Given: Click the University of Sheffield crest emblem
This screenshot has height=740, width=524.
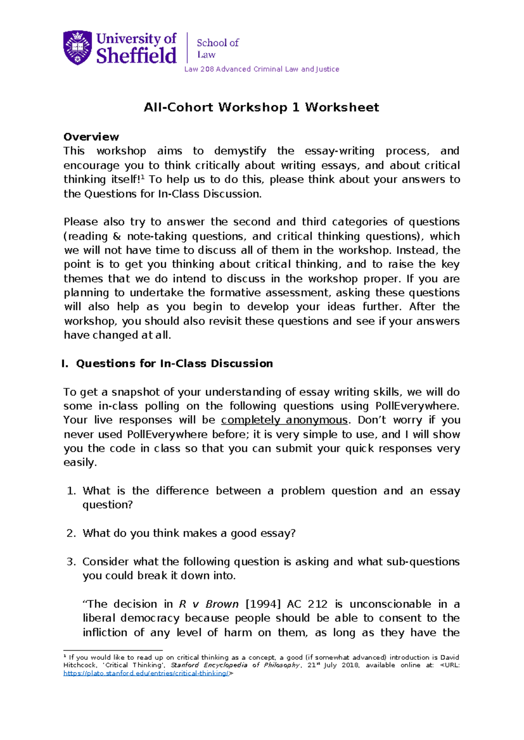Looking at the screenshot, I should point(78,47).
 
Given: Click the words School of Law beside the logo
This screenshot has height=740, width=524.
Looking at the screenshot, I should point(217,48).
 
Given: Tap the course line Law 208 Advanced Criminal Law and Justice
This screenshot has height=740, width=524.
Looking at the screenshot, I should point(261,69).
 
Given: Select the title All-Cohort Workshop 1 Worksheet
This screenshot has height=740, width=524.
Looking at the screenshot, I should point(261,107).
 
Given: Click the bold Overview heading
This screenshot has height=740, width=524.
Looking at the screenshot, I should point(91,137).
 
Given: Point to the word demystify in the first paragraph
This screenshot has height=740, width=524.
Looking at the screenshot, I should point(240,151).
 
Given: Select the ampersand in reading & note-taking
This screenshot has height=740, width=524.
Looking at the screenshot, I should point(117,236).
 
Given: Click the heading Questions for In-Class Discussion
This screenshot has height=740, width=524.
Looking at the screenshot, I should point(174,363).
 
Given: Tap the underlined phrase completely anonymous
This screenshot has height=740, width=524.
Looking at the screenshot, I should point(284,420).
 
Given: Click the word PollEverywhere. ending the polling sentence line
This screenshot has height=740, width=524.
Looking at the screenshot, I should point(417,406).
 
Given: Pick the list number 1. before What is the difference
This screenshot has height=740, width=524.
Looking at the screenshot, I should point(72,491).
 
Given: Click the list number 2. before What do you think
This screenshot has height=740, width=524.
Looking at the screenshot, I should point(72,533).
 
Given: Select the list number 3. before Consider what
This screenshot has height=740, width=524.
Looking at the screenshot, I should point(72,562).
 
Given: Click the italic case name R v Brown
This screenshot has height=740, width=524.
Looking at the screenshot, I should point(209,604).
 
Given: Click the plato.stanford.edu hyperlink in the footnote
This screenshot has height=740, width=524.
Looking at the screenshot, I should point(147,673).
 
